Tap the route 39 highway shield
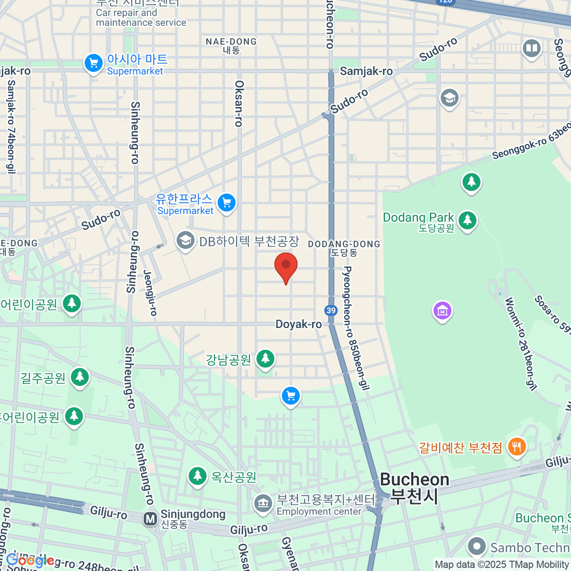coord(331,310)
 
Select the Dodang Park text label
coord(418,218)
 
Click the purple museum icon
coord(442,311)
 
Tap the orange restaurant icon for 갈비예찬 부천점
coord(516,447)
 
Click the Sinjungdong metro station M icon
coord(150,519)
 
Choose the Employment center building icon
coord(262,503)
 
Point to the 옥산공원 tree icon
coord(197,475)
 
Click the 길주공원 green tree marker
coord(79,377)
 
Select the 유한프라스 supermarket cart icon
coord(226,203)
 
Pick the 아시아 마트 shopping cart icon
coord(93,63)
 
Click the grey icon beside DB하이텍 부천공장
coord(185,241)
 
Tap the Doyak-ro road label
coord(299,325)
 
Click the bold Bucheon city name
coord(414,480)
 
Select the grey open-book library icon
coord(532,48)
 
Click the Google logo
coord(30,560)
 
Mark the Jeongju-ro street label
coord(150,293)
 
